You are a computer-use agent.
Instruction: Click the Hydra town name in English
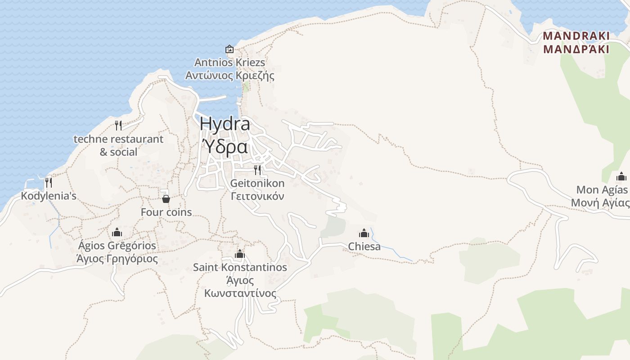tap(225, 124)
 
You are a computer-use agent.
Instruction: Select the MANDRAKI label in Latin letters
tap(576, 36)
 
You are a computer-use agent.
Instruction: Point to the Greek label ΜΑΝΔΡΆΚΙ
tap(576, 49)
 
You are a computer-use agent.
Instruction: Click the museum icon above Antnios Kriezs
tap(229, 49)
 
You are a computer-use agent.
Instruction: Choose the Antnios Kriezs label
tap(229, 62)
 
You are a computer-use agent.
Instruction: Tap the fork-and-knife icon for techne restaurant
tap(118, 125)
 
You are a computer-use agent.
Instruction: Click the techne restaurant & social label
tap(118, 145)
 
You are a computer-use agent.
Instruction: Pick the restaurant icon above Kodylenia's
tap(49, 182)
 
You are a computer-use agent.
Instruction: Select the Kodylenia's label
tap(49, 196)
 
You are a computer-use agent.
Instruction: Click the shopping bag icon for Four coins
tap(166, 198)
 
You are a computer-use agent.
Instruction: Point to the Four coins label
tap(166, 212)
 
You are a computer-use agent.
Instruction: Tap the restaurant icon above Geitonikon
tap(257, 170)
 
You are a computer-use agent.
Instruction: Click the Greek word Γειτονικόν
tap(257, 196)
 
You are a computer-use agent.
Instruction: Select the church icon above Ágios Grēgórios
tap(117, 232)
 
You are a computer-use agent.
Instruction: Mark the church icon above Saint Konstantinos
tap(240, 254)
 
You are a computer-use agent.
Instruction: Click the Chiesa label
tap(364, 246)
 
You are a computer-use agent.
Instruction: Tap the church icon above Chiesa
tap(364, 233)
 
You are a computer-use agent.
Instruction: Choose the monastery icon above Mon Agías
tap(621, 176)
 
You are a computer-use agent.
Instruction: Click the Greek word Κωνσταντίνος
tap(240, 293)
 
